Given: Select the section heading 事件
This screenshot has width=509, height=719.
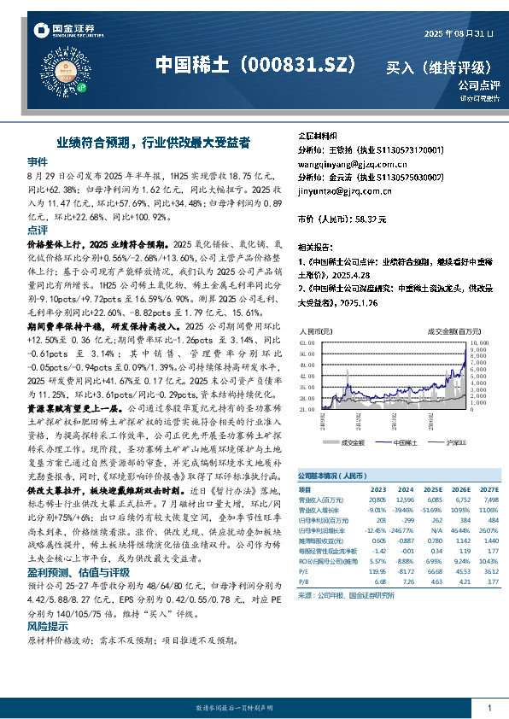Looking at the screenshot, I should [x=38, y=161].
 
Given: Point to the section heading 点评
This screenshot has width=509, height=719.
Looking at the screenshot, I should [x=38, y=230].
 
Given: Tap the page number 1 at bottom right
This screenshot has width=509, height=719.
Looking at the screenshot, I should [x=489, y=708].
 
